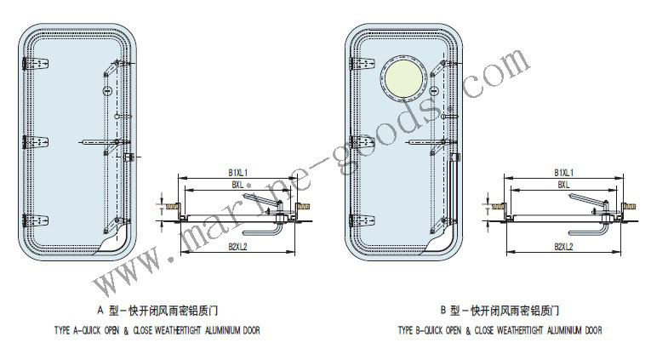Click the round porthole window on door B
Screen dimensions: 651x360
tap(403, 79)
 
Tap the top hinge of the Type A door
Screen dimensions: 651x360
tap(35, 64)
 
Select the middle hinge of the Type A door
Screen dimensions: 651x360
tap(35, 142)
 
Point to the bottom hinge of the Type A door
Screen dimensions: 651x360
tap(35, 220)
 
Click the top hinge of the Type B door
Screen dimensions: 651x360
tap(362, 64)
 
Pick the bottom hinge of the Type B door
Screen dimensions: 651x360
tap(362, 220)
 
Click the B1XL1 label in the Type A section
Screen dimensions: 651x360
tap(238, 172)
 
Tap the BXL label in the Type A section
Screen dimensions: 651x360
tap(237, 185)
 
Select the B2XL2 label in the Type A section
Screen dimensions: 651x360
tap(238, 247)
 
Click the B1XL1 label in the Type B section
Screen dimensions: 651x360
tap(564, 172)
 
